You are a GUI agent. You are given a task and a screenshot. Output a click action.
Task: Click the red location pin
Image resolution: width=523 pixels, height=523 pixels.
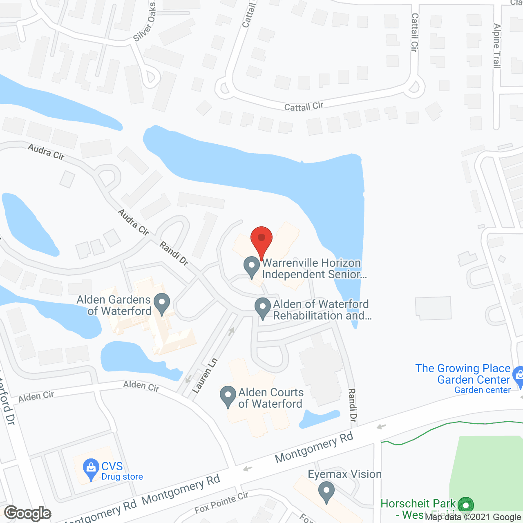261,239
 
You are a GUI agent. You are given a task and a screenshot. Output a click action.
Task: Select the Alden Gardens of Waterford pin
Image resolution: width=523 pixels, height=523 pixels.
162,304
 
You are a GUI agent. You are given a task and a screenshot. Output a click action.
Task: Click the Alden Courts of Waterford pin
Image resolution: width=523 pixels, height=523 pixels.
228,396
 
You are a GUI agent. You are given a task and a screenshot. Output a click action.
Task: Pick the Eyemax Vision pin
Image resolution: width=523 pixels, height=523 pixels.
326,491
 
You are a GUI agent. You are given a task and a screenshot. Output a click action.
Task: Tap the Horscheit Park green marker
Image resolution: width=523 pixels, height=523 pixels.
465,505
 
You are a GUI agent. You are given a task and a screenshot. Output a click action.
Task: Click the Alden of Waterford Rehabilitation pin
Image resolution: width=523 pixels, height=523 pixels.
262,308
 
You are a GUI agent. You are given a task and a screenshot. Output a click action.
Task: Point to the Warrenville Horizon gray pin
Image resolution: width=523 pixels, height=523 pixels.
252,266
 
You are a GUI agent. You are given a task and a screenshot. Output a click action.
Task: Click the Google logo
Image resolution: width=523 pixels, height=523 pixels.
28,513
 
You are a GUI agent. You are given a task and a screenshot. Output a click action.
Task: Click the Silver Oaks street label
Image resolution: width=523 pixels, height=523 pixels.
145,22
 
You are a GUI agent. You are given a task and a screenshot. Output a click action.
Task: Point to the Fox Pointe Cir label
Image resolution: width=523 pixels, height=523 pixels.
221,503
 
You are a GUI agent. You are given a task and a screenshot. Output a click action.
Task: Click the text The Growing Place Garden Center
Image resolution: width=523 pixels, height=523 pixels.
463,374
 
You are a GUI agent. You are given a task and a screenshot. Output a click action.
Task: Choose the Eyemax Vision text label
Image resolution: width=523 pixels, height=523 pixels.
344,474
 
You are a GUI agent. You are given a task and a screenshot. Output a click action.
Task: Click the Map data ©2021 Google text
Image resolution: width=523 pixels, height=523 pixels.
473,517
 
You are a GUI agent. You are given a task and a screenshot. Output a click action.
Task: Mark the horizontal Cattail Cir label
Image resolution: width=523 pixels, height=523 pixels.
304,107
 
